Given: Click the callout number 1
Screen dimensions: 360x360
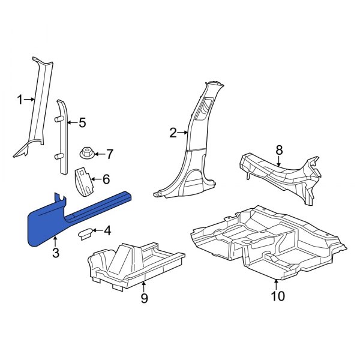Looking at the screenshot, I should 19,100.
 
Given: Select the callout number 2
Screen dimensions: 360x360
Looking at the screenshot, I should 173,133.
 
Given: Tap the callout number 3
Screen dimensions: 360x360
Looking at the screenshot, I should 55,253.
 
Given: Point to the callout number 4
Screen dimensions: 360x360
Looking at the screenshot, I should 107,230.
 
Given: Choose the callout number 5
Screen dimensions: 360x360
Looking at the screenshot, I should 82,123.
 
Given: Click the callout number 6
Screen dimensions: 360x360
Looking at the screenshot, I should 106,179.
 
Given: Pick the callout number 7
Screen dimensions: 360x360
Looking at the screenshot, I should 109,154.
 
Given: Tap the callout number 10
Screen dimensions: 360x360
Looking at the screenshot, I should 277,295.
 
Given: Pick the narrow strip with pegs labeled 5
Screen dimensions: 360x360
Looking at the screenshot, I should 61,138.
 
